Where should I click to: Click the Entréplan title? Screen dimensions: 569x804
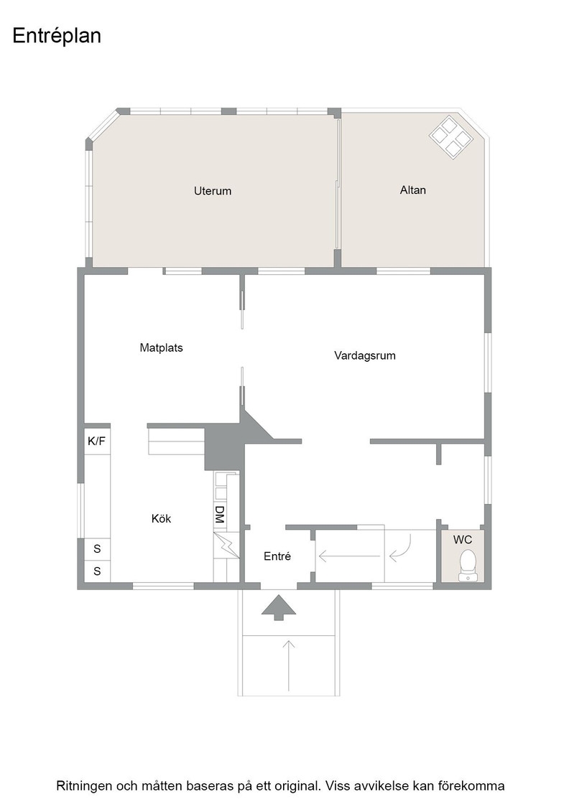57,37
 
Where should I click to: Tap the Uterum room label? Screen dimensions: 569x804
213,191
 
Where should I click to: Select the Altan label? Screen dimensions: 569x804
413,190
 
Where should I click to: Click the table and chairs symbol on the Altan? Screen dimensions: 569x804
451,137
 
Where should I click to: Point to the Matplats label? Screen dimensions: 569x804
161,348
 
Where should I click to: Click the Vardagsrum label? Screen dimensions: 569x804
365,356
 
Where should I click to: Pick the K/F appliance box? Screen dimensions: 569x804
96,441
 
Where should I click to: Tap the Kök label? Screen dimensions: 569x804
161,518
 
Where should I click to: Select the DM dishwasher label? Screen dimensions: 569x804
220,514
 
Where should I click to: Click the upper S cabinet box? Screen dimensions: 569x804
97,549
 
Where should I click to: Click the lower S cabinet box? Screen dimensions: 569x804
97,571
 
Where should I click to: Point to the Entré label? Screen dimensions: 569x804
277,556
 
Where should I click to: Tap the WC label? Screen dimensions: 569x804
462,540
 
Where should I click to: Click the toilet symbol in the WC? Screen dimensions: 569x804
468,566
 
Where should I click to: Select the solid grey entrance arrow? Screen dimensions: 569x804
279,607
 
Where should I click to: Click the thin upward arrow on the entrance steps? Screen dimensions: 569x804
289,665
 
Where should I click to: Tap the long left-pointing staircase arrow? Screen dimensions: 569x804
349,556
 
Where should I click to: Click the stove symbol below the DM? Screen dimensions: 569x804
226,545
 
